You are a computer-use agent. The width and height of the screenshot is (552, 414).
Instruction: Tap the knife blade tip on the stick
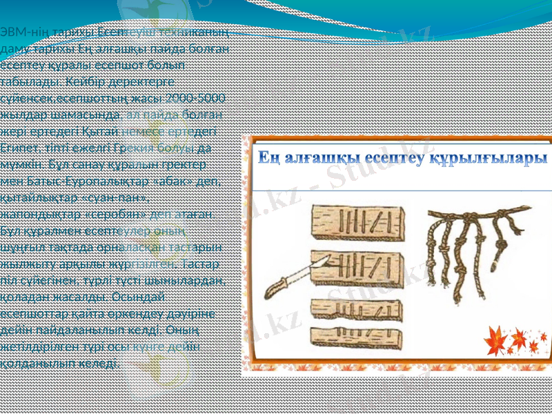click(324, 256)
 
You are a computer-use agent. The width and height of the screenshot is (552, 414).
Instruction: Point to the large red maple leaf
click(498, 340)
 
